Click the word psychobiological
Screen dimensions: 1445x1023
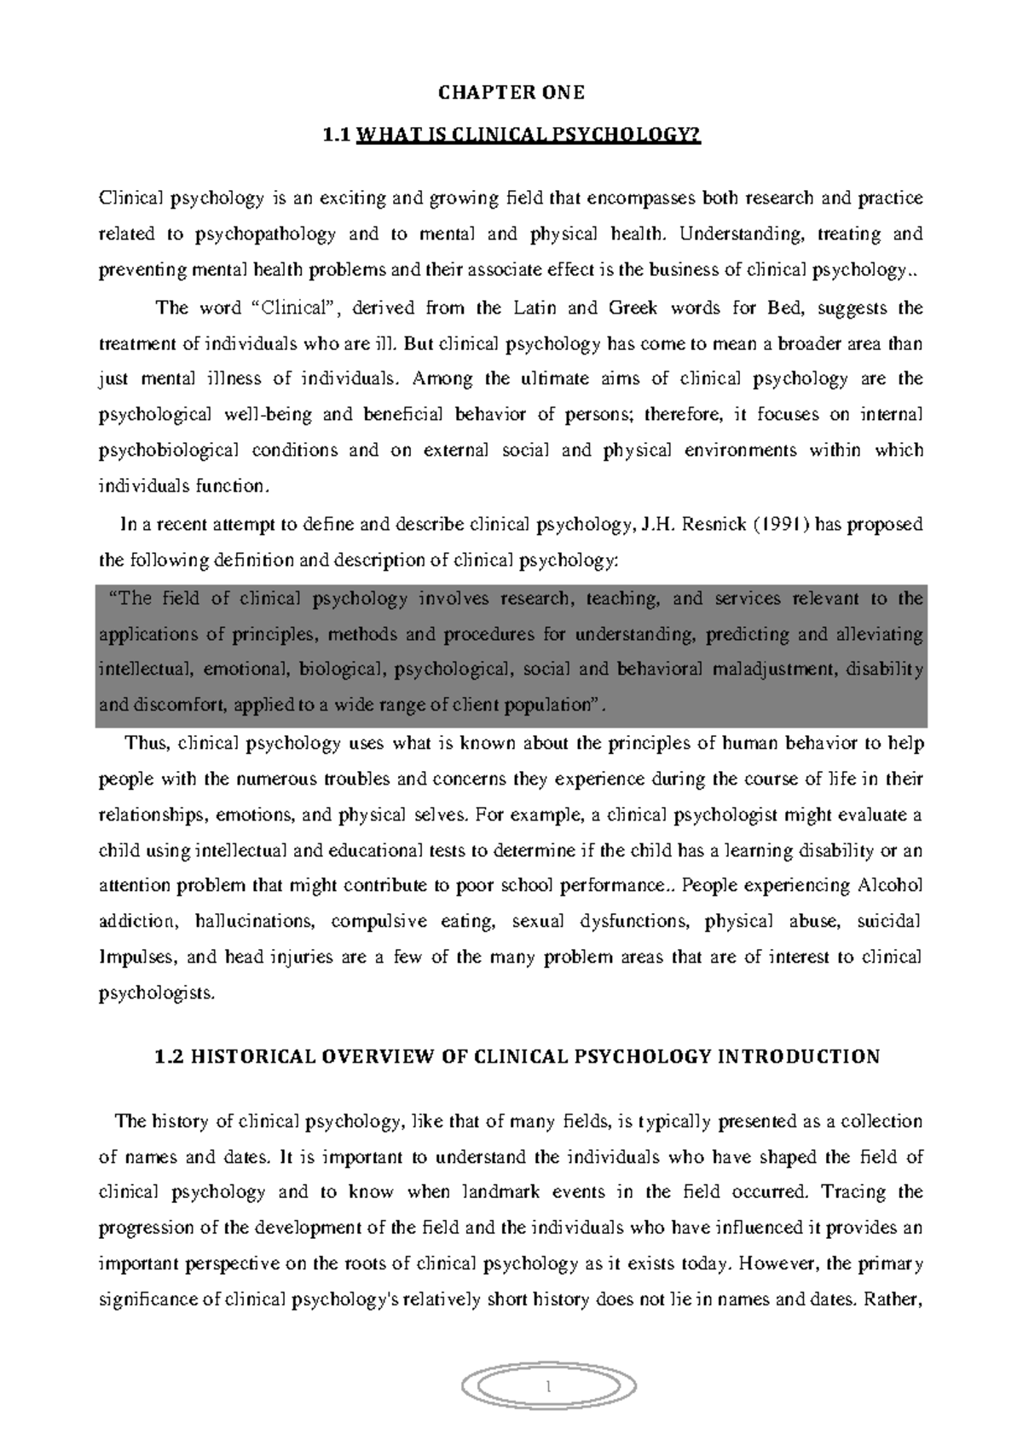pos(170,451)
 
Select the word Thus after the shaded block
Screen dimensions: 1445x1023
pos(148,743)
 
